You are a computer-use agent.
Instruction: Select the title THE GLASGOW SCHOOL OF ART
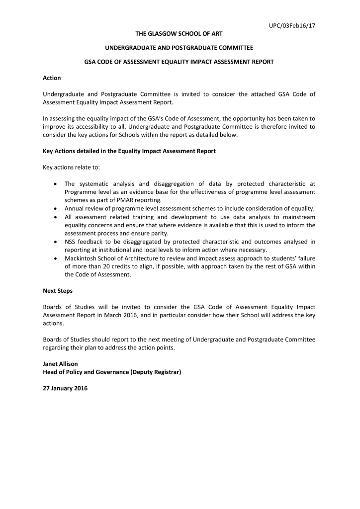pyautogui.click(x=180, y=33)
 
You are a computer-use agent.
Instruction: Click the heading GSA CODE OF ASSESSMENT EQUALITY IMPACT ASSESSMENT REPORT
pyautogui.click(x=180, y=62)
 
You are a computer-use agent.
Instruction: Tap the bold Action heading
pyautogui.click(x=52, y=78)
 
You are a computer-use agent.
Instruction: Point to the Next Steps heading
pyautogui.click(x=58, y=291)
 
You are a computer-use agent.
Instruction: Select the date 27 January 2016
pyautogui.click(x=65, y=388)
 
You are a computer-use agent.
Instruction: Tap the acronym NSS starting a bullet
pyautogui.click(x=71, y=242)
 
